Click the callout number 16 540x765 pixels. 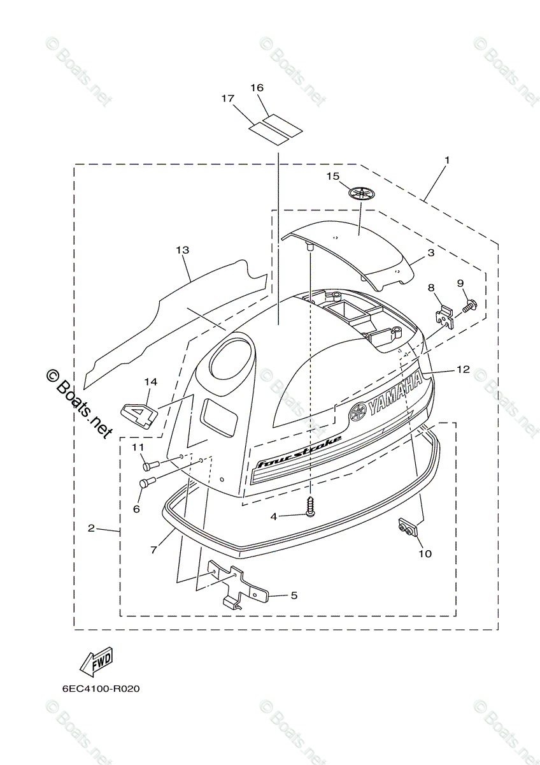tap(257, 87)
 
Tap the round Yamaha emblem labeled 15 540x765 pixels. tap(362, 194)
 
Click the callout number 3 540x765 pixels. tap(430, 252)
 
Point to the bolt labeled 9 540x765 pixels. tap(468, 306)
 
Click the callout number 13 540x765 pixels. tap(183, 251)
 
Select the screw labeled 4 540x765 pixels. tap(310, 508)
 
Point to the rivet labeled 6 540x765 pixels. tap(146, 483)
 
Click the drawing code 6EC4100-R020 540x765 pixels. tap(101, 689)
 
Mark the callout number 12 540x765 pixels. tap(462, 369)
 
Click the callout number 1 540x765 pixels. tap(446, 159)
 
